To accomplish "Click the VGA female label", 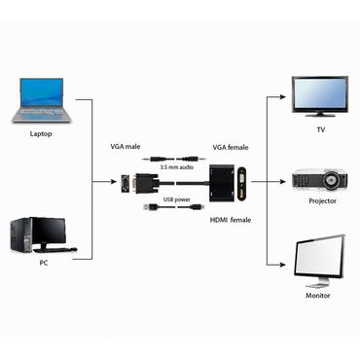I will (232, 147).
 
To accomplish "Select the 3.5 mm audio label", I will (176, 167).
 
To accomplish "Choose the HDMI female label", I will (231, 220).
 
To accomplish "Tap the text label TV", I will (319, 128).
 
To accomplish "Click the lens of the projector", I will (334, 181).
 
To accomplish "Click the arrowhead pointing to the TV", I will (288, 98).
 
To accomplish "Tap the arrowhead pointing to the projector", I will (288, 181).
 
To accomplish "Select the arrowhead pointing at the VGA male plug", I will (115, 181).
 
